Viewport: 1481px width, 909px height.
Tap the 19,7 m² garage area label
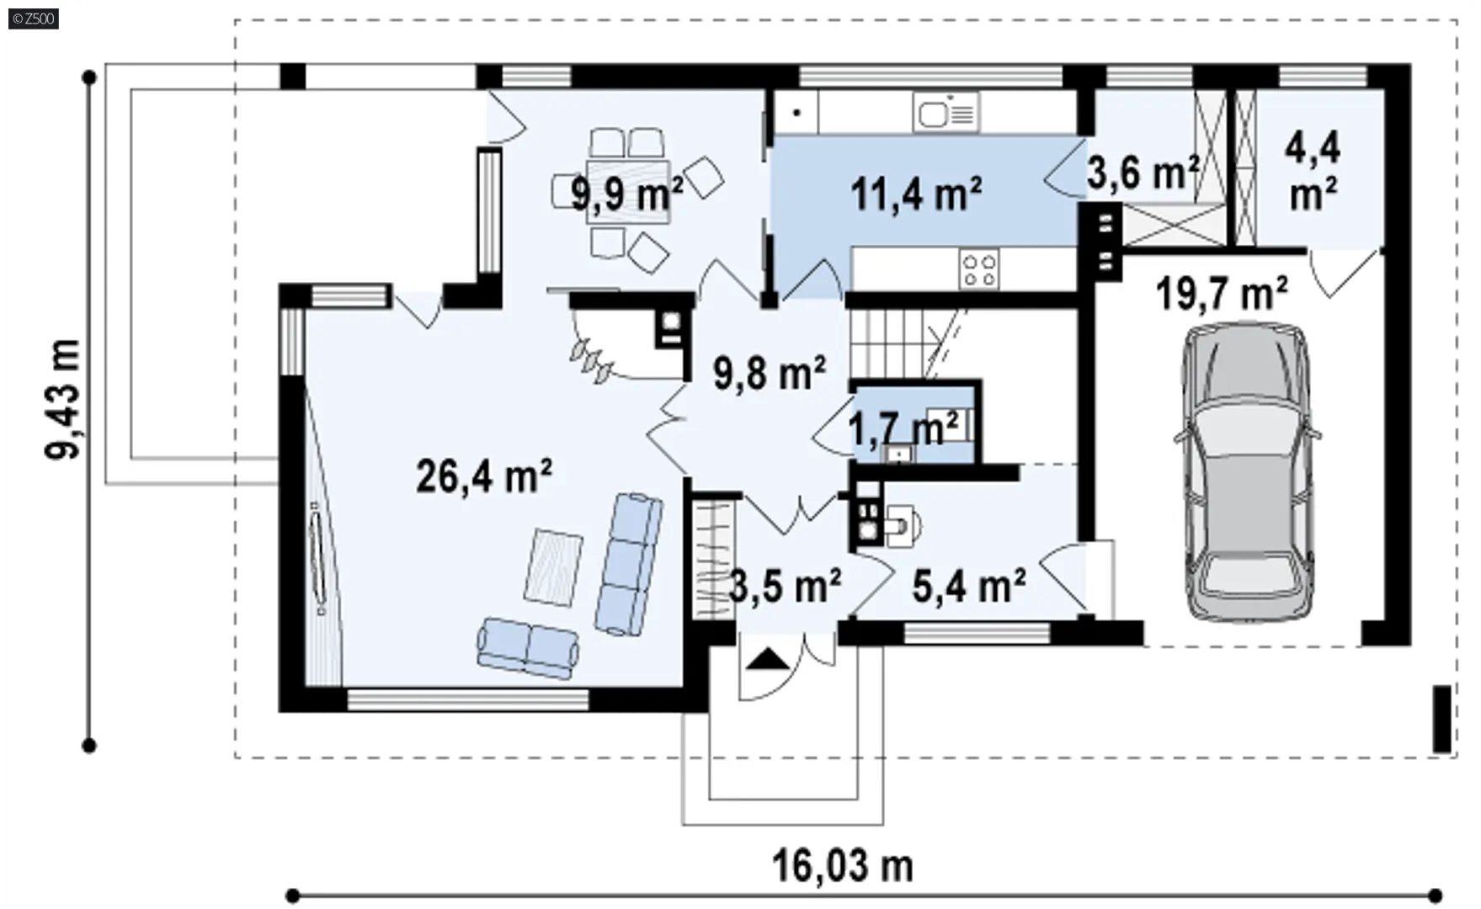click(1222, 295)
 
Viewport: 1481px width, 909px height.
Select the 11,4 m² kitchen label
click(916, 194)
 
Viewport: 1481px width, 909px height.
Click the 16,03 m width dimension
click(843, 865)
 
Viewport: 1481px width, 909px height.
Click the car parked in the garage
click(1246, 472)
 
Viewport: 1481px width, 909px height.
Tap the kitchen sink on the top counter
click(946, 112)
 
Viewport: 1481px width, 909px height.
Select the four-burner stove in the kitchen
click(979, 269)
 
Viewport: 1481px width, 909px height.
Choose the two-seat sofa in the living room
click(528, 648)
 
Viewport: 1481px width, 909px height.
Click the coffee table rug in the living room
click(553, 567)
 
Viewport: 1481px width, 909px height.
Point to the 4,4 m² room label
click(1313, 171)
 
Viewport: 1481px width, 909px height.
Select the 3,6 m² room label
click(1143, 173)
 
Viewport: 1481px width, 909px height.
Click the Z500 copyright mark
click(33, 18)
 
